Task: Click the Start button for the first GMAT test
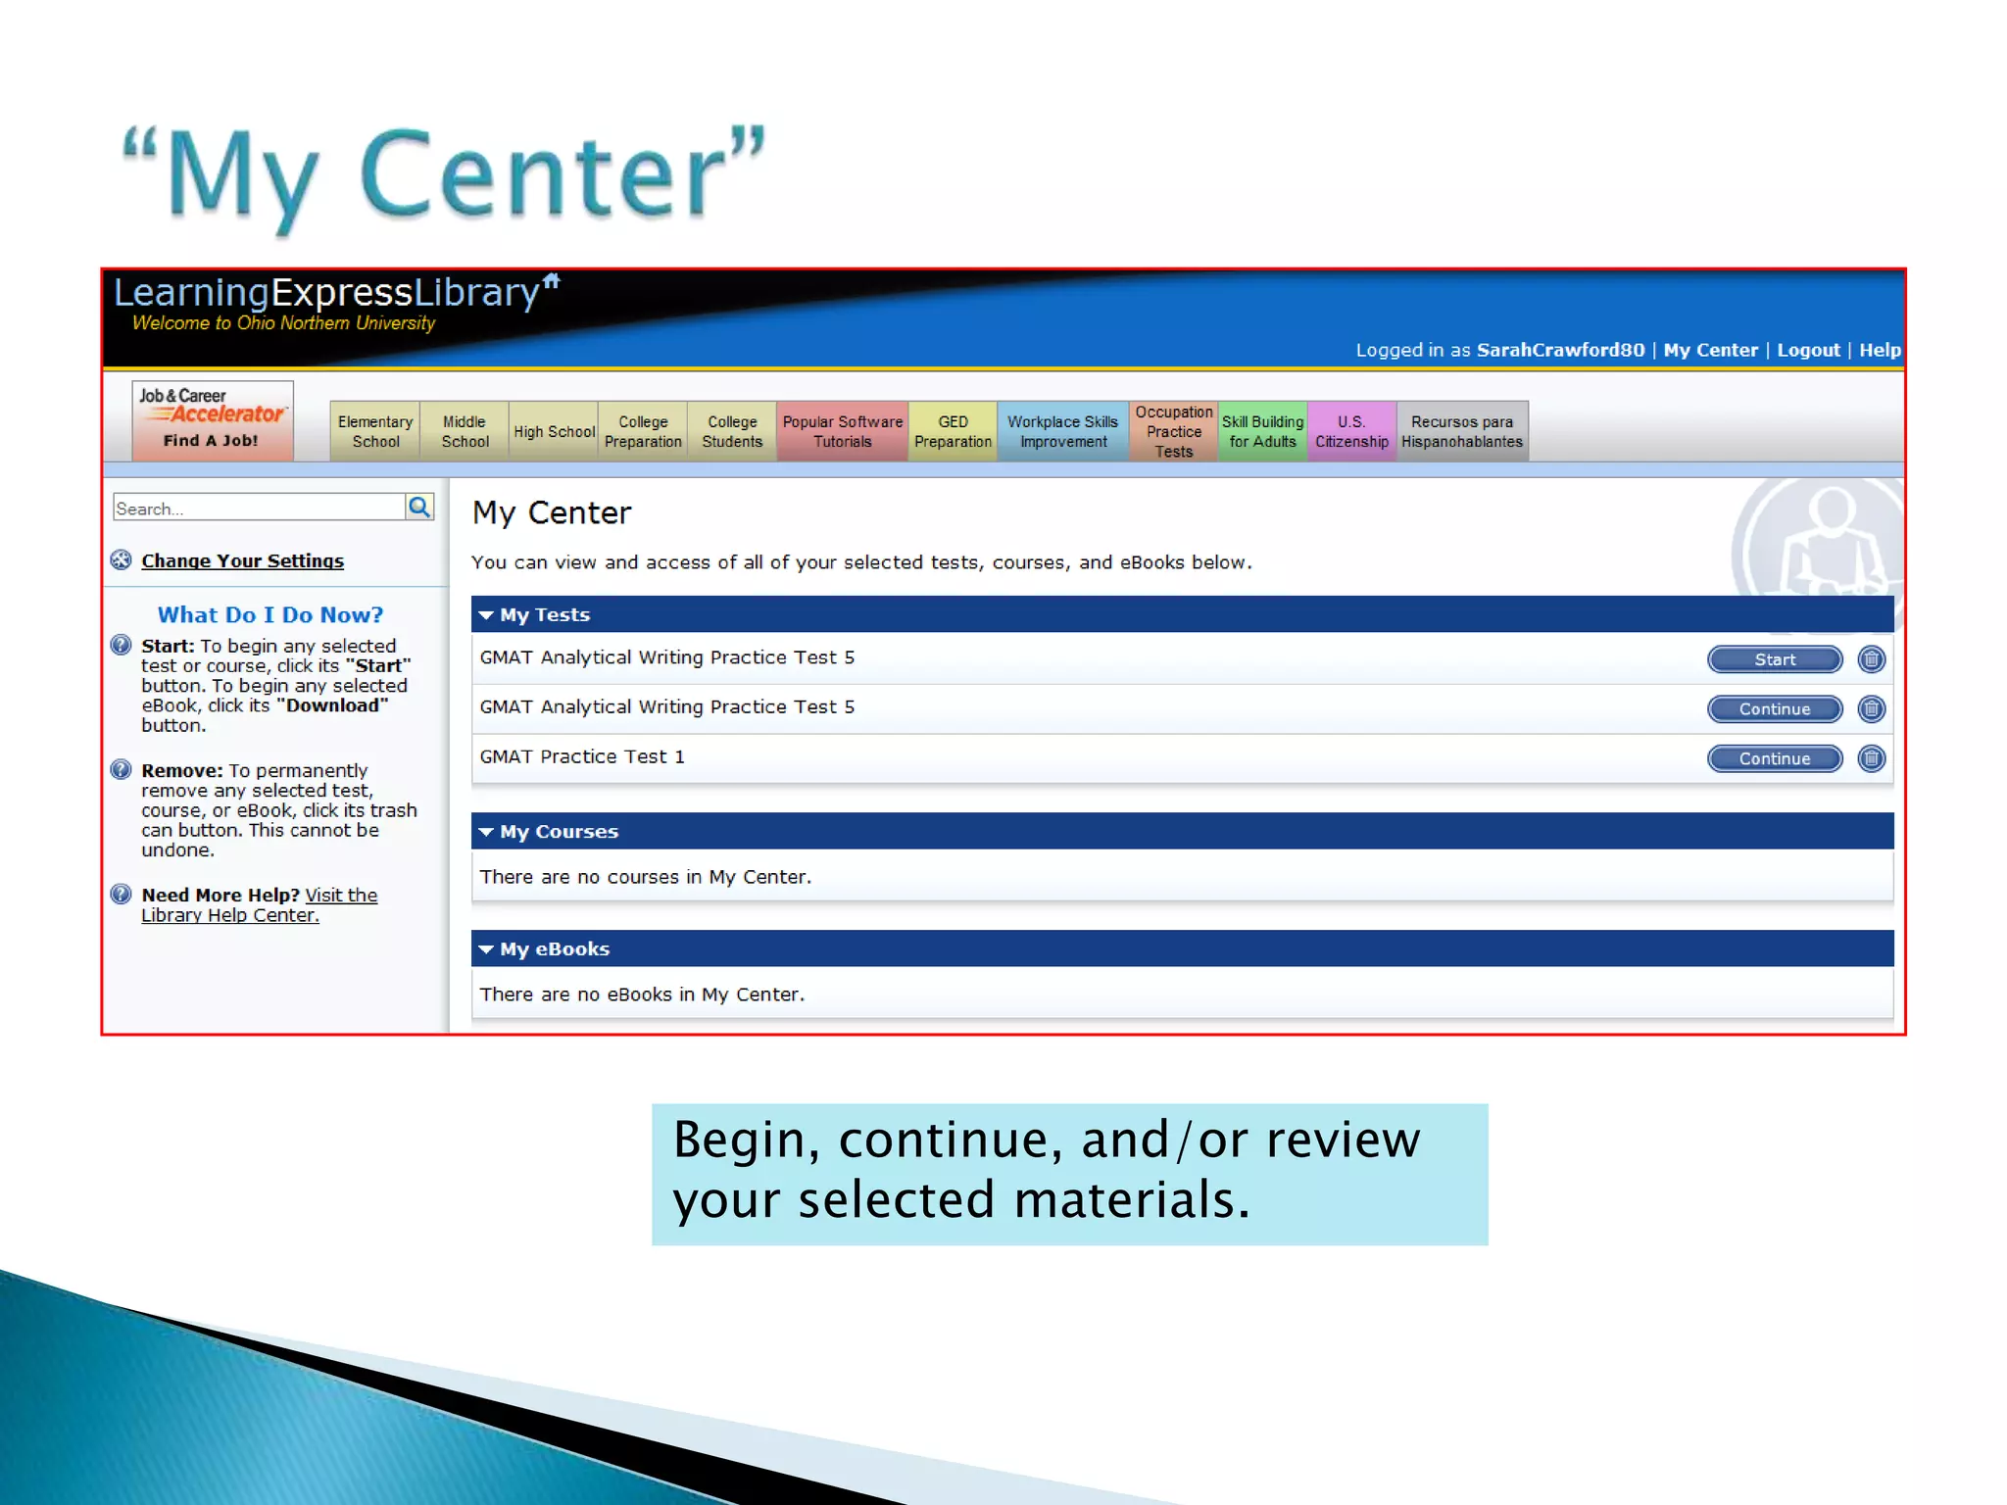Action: [x=1774, y=659]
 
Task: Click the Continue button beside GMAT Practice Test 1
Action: [x=1774, y=758]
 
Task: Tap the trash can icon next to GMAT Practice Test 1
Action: [x=1871, y=758]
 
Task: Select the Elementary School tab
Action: [x=375, y=431]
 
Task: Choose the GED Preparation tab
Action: [x=953, y=431]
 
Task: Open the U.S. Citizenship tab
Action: [x=1351, y=431]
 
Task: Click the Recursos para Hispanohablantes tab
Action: [x=1461, y=431]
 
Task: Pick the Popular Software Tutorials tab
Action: [x=842, y=431]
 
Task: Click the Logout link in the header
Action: [x=1808, y=350]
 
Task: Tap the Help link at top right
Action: [x=1879, y=350]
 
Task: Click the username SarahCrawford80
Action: [x=1560, y=350]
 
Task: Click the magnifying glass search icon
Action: [x=419, y=507]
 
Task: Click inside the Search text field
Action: [x=258, y=508]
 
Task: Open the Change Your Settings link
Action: [x=242, y=560]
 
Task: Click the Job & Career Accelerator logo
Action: [x=212, y=420]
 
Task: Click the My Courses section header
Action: [x=559, y=831]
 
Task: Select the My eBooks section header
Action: [x=554, y=948]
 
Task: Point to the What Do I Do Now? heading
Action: [x=270, y=614]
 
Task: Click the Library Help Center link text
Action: [x=229, y=915]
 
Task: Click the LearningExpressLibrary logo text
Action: [x=326, y=293]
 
